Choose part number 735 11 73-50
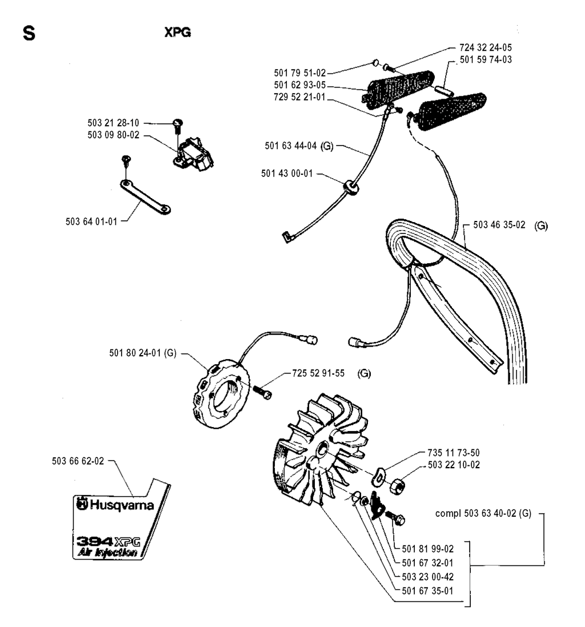pyautogui.click(x=448, y=453)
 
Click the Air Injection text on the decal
pyautogui.click(x=107, y=553)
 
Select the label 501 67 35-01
pyautogui.click(x=425, y=590)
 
